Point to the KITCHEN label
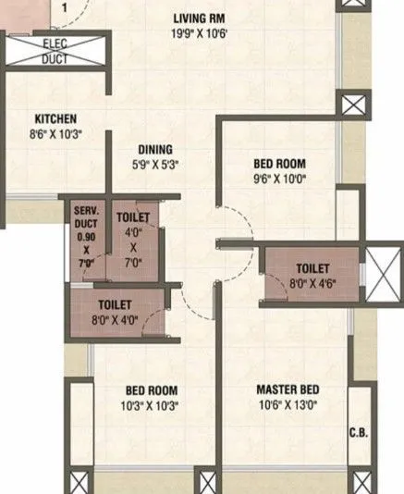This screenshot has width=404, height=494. pos(55,118)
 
